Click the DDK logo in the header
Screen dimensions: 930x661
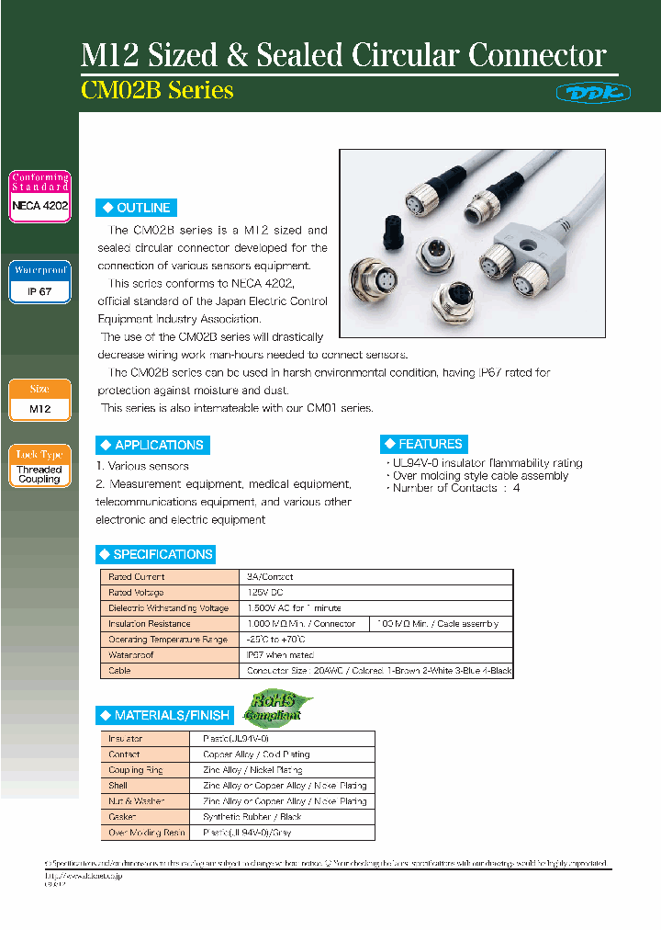click(x=581, y=92)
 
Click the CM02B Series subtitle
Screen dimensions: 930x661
click(x=158, y=91)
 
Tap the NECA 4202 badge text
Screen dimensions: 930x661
click(x=39, y=206)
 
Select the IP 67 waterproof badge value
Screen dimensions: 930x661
click(x=39, y=291)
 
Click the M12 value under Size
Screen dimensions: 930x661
click(x=39, y=408)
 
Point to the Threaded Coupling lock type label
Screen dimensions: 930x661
click(x=39, y=474)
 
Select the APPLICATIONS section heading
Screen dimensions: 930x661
click(x=152, y=445)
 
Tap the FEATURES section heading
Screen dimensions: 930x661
click(x=424, y=444)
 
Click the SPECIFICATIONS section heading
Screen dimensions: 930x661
click(x=156, y=554)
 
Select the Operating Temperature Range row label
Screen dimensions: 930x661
click(x=166, y=639)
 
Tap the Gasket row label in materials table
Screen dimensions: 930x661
click(x=124, y=817)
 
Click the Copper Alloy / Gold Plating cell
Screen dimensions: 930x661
click(x=256, y=754)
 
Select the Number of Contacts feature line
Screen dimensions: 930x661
click(x=456, y=488)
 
